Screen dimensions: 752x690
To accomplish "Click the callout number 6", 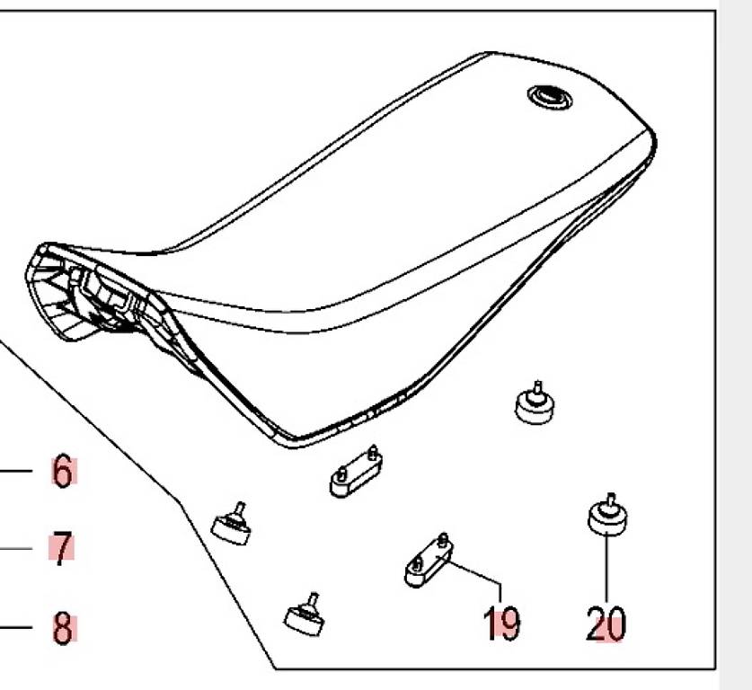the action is point(63,472).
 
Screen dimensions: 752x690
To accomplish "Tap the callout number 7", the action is point(61,548).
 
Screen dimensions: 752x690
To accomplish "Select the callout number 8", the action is point(63,627).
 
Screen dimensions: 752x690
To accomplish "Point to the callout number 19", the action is point(501,623).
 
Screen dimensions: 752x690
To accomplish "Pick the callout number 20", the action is point(606,623).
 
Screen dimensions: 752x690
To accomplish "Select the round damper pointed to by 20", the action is point(607,516).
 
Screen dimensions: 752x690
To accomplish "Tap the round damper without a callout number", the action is point(535,404).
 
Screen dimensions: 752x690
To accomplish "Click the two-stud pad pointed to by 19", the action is point(429,561).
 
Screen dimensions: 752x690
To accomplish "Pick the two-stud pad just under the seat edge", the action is point(356,473).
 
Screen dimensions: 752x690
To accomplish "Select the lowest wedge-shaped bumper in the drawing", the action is point(305,615).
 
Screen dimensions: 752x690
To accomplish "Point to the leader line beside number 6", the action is point(16,471).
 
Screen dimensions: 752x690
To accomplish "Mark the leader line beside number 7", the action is point(16,548).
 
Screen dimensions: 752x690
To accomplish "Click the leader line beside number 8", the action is point(16,627).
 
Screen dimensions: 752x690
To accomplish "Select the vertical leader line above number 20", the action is point(606,567).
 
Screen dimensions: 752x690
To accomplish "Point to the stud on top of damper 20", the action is point(610,501).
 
